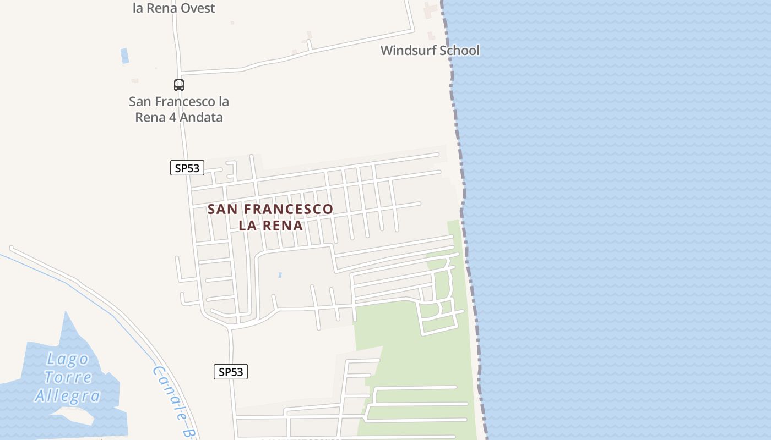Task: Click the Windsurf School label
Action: pos(430,51)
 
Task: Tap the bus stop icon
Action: pos(179,85)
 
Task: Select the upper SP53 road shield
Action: pos(187,168)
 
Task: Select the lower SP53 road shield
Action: pos(231,372)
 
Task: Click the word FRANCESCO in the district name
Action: pos(288,209)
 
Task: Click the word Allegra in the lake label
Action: pos(67,396)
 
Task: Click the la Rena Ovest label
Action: pos(173,8)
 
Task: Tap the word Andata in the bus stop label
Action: pos(202,117)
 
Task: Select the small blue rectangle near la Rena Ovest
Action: pos(124,56)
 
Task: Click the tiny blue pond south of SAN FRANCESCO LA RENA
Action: pos(280,275)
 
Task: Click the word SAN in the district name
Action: pos(223,209)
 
